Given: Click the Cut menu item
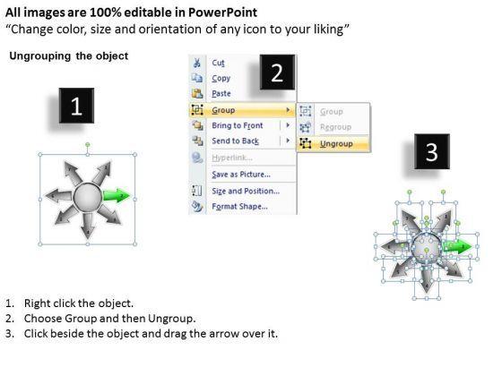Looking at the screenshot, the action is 218,63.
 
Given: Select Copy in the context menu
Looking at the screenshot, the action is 221,79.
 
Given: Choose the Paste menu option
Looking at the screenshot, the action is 221,94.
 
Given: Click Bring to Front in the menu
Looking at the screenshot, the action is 238,125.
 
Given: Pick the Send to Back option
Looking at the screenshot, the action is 235,141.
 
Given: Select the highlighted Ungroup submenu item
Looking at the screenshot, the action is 336,144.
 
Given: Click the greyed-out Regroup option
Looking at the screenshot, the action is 335,127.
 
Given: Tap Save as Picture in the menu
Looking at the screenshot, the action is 241,175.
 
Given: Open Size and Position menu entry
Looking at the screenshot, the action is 246,191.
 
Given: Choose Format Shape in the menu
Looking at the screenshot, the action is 240,206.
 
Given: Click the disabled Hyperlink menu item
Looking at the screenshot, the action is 232,158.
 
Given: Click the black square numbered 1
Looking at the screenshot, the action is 76,106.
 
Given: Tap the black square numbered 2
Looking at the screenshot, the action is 277,73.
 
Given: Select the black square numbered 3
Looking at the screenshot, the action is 432,151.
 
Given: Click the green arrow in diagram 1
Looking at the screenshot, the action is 117,195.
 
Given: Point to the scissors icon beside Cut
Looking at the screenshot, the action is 197,63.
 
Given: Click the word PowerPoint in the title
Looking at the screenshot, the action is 222,13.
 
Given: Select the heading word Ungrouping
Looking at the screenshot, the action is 40,56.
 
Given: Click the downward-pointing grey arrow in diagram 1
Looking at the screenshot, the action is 88,225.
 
